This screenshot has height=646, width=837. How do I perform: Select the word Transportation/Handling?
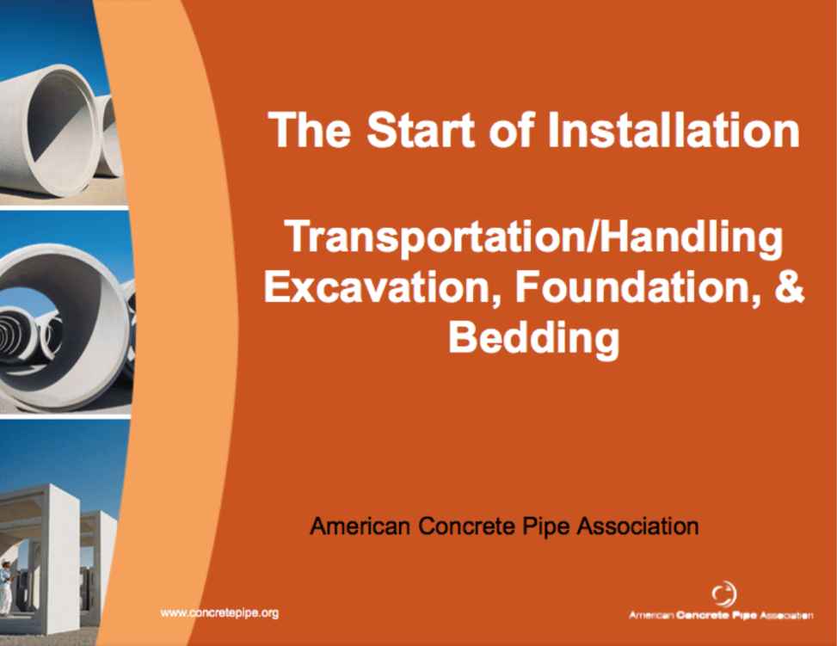(533, 238)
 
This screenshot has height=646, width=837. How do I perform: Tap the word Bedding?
(533, 337)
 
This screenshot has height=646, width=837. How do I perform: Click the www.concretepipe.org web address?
(219, 612)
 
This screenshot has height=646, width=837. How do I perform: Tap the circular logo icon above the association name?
(723, 594)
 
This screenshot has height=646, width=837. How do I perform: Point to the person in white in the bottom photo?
(7, 585)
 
